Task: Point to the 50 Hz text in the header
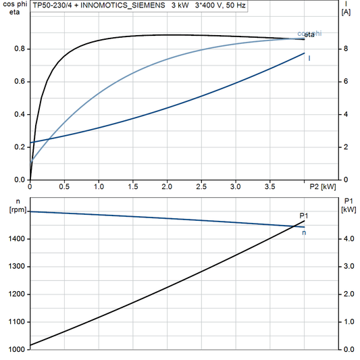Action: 234,5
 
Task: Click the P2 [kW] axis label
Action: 323,186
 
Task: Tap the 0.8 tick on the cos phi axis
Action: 20,49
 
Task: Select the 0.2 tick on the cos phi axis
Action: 20,147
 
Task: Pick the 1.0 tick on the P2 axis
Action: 99,186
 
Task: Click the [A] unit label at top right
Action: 346,12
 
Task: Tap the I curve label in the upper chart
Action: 309,58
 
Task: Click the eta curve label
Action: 309,34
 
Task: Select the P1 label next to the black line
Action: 304,215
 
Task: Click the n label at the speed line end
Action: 304,233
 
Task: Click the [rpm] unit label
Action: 13,209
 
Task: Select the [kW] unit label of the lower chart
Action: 349,209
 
